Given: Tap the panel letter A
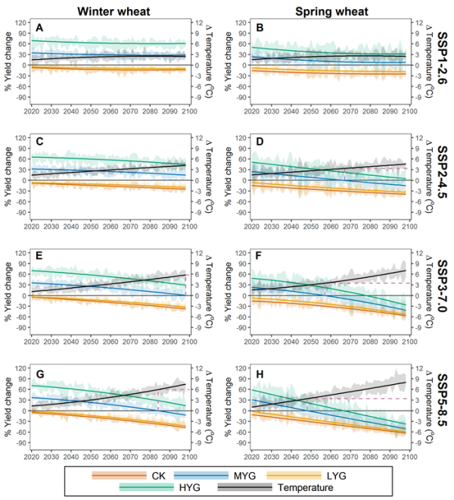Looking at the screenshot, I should [x=39, y=28].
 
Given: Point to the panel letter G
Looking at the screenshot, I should [x=39, y=375].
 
